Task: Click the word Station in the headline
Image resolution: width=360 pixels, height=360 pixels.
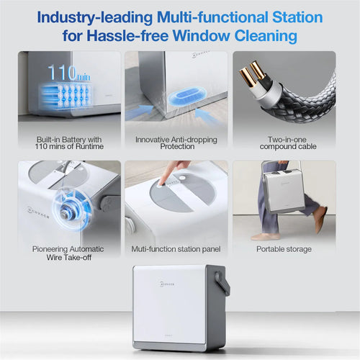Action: [x=297, y=17]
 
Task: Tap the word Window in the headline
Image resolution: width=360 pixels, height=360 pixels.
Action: [x=201, y=36]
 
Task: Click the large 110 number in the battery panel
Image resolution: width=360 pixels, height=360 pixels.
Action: [x=62, y=73]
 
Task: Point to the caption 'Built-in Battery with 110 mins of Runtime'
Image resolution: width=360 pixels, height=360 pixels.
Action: [x=69, y=143]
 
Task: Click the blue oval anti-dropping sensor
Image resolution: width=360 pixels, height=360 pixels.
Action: [x=186, y=96]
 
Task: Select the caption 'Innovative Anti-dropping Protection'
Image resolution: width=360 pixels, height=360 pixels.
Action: [x=176, y=143]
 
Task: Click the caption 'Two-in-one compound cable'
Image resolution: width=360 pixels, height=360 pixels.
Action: [x=288, y=143]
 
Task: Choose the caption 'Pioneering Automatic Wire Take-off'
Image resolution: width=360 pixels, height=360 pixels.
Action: [x=68, y=253]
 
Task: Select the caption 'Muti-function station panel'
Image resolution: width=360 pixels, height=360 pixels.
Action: [x=176, y=249]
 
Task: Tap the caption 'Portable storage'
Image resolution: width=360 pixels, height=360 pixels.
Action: [x=284, y=249]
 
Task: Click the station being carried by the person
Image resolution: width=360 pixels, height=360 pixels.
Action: [x=284, y=191]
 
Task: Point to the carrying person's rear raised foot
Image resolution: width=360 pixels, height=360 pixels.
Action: [x=320, y=219]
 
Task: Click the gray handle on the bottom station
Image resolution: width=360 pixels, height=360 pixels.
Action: [x=222, y=283]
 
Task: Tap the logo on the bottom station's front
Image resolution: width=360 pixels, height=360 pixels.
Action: [x=167, y=284]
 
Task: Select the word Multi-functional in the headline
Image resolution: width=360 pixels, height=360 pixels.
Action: [x=212, y=17]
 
